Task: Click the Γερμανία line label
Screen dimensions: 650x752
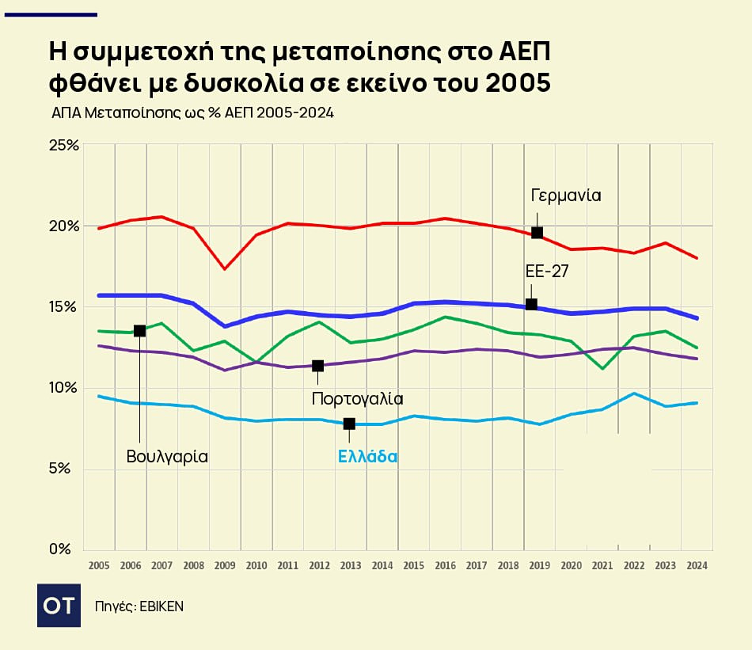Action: (x=566, y=195)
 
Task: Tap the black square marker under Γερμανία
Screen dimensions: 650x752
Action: (x=537, y=233)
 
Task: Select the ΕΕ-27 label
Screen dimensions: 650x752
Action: (x=547, y=271)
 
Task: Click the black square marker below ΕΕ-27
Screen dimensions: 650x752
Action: (x=531, y=304)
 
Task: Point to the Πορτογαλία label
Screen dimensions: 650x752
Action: (x=357, y=398)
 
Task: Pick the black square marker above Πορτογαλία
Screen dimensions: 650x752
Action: (x=317, y=366)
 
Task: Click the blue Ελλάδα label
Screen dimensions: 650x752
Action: (x=367, y=457)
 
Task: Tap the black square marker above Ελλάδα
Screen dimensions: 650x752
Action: (x=349, y=424)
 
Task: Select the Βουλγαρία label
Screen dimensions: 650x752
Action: (x=167, y=457)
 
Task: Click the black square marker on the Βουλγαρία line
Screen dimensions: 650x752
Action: (x=139, y=330)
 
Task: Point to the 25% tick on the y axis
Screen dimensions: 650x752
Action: (x=64, y=146)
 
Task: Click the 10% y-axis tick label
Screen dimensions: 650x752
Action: (x=64, y=388)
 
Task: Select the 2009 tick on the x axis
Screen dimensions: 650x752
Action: (x=225, y=566)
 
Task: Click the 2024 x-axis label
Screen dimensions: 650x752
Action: (x=697, y=566)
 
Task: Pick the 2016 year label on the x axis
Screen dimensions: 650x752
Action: (x=445, y=566)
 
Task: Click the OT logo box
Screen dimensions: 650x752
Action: (x=59, y=606)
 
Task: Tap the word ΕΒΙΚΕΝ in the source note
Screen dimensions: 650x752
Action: (x=161, y=606)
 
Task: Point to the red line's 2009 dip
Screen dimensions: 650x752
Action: (x=225, y=268)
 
